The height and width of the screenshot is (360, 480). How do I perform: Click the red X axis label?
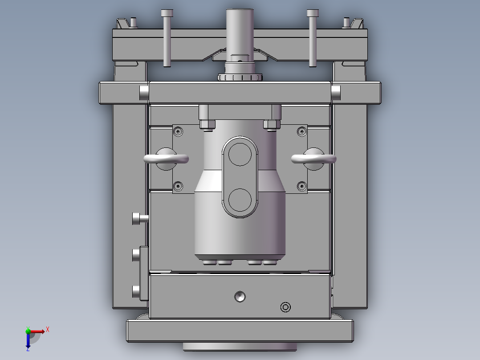(x=48, y=330)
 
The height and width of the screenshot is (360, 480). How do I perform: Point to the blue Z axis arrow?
(x=28, y=340)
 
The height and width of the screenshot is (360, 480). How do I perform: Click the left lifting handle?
(x=166, y=159)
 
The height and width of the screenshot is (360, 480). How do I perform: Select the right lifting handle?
(x=313, y=159)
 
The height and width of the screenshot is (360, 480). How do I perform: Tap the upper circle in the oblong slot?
(x=240, y=154)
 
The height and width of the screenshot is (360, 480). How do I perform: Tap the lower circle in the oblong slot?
(x=240, y=200)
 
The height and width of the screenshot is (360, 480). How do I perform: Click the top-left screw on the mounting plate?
(x=178, y=131)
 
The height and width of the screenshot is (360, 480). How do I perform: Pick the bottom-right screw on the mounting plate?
(x=302, y=186)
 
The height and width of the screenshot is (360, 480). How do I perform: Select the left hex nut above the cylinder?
(x=207, y=124)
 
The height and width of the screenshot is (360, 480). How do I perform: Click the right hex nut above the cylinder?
(x=272, y=124)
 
